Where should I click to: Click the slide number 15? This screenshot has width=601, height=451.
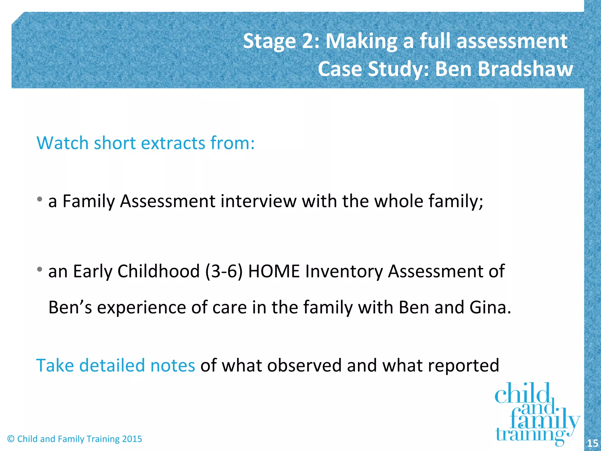(x=592, y=443)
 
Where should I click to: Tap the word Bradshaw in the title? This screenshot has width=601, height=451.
(x=525, y=69)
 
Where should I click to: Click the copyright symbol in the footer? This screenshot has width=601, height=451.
(x=11, y=439)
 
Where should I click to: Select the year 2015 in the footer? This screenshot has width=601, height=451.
(x=132, y=439)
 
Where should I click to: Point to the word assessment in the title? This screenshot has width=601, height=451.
(x=512, y=41)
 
